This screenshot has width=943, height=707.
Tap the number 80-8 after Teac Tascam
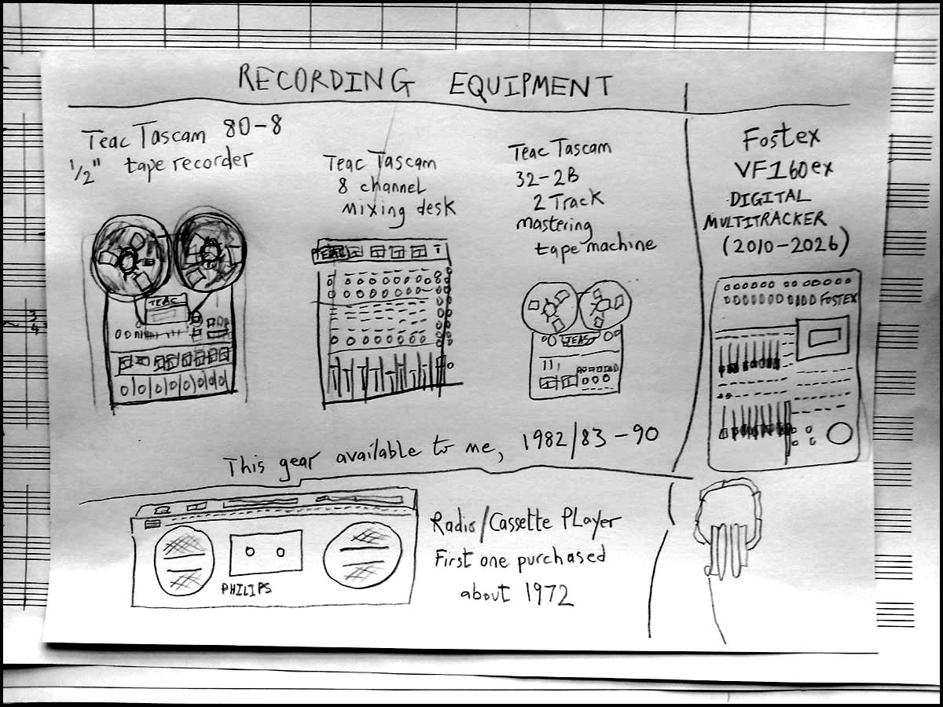click(x=252, y=126)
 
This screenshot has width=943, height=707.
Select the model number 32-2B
click(x=547, y=177)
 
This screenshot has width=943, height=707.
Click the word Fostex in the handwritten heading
click(x=781, y=137)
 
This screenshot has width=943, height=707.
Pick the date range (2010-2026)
click(x=785, y=243)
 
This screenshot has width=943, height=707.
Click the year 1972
click(x=549, y=594)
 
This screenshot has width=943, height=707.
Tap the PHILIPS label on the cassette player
click(x=246, y=588)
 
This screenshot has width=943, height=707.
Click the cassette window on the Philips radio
click(x=266, y=552)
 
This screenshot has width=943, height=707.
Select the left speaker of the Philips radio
click(x=185, y=561)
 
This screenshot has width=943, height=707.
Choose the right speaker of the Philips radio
click(x=362, y=555)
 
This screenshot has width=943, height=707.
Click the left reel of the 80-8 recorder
click(x=130, y=258)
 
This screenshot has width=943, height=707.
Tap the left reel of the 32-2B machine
click(x=549, y=307)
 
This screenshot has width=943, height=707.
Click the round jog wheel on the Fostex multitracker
click(x=839, y=434)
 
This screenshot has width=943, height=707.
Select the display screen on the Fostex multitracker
click(x=824, y=338)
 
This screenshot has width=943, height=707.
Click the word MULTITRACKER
click(x=765, y=220)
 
